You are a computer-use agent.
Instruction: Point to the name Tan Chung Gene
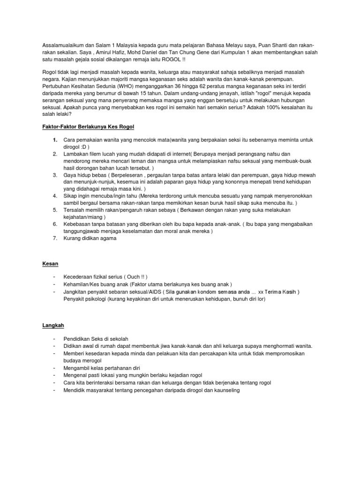point(188,52)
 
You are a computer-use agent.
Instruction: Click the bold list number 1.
point(55,140)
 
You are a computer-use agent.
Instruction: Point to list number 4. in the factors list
point(55,195)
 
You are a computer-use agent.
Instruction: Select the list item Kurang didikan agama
point(90,238)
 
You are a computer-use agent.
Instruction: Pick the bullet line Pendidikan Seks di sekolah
point(96,338)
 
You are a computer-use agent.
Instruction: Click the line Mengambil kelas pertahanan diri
point(102,368)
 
